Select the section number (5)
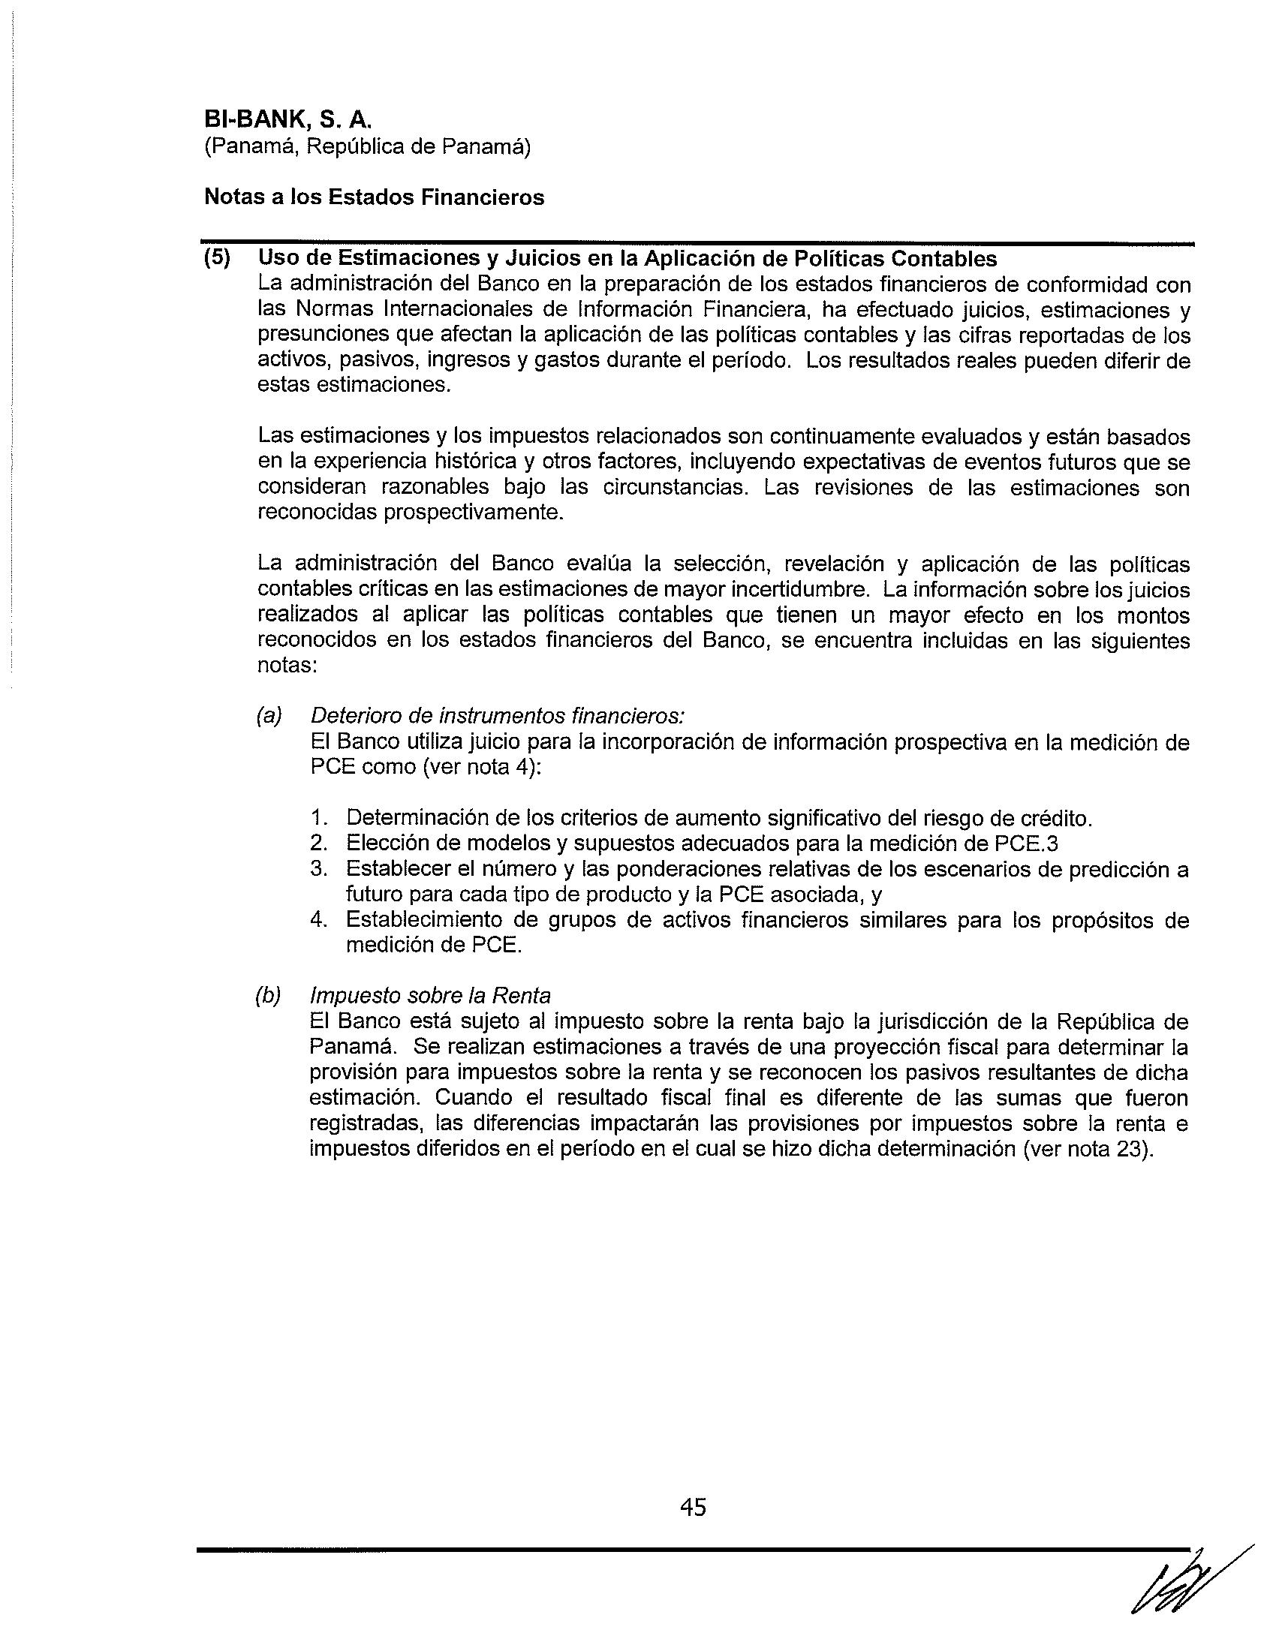pyautogui.click(x=218, y=259)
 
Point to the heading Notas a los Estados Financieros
pyautogui.click(x=375, y=197)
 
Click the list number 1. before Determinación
pyautogui.click(x=318, y=817)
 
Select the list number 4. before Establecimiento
pyautogui.click(x=318, y=920)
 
